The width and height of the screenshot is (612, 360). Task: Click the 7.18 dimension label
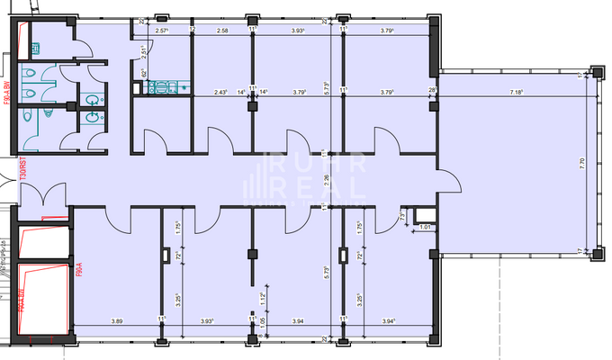[x=517, y=92]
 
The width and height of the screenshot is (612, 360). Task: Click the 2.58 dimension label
[x=224, y=31]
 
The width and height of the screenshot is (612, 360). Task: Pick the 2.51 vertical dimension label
[x=144, y=51]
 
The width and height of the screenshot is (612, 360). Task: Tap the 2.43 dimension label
[x=220, y=92]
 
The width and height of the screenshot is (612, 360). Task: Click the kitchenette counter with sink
[x=163, y=87]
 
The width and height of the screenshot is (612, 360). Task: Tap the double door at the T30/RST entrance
[x=41, y=194]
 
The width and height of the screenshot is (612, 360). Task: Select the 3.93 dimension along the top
[x=300, y=31]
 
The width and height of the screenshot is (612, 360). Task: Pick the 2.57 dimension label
[x=163, y=31]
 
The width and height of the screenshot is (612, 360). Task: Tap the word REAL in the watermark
[x=314, y=189]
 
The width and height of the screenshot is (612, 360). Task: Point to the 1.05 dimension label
[x=264, y=319]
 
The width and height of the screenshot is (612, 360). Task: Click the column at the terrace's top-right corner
[x=594, y=72]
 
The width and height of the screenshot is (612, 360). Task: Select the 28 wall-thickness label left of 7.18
[x=432, y=92]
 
